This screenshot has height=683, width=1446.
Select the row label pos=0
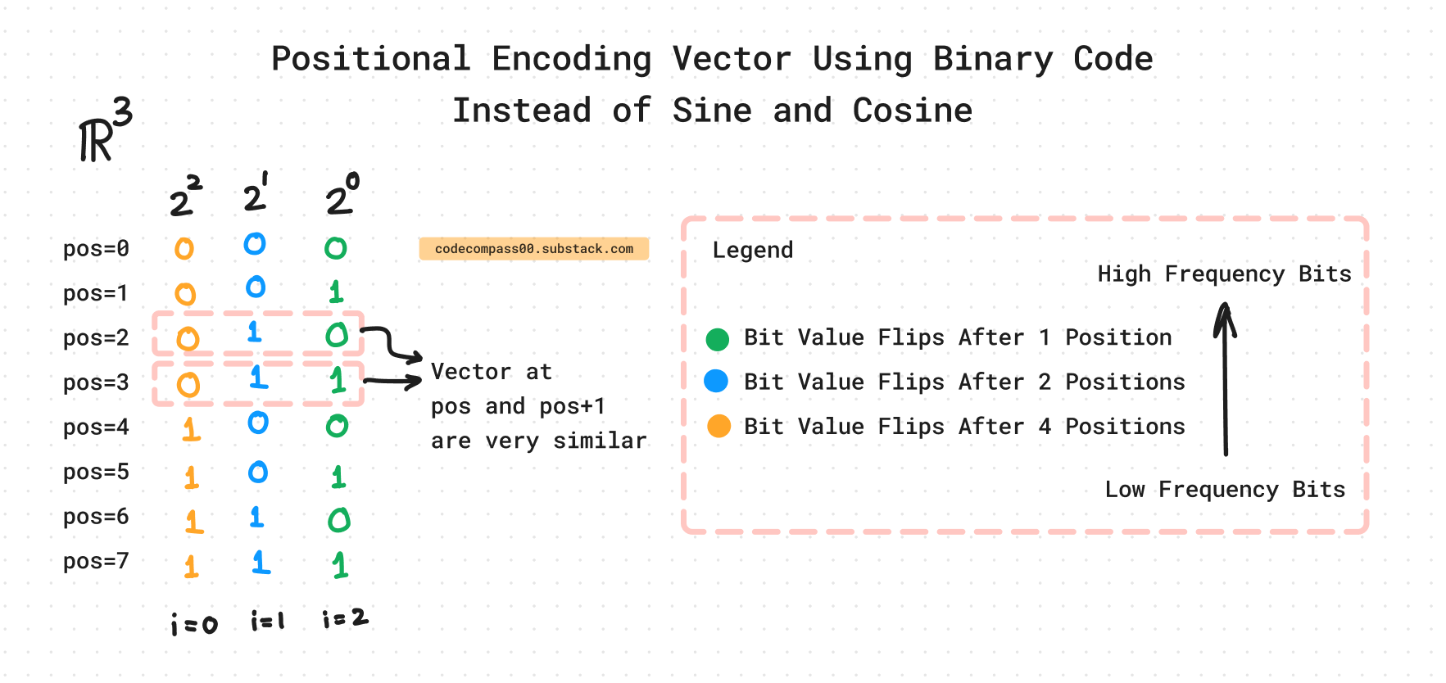pyautogui.click(x=96, y=248)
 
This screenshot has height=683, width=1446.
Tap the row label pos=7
pyautogui.click(x=96, y=561)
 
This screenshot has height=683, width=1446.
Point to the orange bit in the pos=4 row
pyautogui.click(x=191, y=428)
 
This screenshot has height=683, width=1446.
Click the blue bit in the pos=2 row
pyautogui.click(x=255, y=332)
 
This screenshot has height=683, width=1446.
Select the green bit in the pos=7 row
pyautogui.click(x=340, y=564)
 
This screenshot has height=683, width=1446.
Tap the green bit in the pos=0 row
pyautogui.click(x=336, y=248)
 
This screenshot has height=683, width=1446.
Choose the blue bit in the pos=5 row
pyautogui.click(x=258, y=473)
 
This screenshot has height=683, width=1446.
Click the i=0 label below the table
pyautogui.click(x=194, y=625)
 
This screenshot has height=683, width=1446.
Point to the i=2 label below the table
pyautogui.click(x=345, y=619)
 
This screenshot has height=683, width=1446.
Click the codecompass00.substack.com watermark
pyautogui.click(x=533, y=249)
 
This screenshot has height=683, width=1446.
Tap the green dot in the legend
pyautogui.click(x=718, y=339)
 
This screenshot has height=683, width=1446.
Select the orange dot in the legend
pyautogui.click(x=718, y=426)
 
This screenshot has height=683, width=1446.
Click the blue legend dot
pyautogui.click(x=716, y=381)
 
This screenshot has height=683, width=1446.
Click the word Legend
pyautogui.click(x=752, y=250)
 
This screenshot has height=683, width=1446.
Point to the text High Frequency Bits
pyautogui.click(x=1224, y=274)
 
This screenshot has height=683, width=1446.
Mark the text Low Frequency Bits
pyautogui.click(x=1225, y=490)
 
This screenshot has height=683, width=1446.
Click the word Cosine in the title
pyautogui.click(x=912, y=111)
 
